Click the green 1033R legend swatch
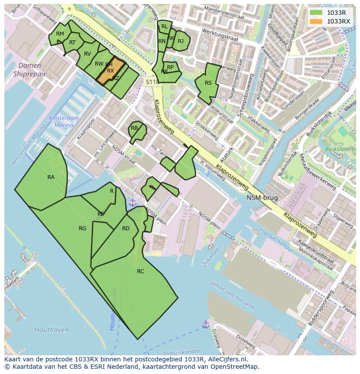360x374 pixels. (x=316, y=13)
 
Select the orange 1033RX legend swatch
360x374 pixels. (x=316, y=21)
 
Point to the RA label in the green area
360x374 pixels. (x=51, y=177)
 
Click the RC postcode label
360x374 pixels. (x=140, y=271)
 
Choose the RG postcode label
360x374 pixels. (x=82, y=228)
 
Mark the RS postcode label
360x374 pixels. (x=208, y=83)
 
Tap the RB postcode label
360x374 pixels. (x=134, y=128)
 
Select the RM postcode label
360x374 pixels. (x=60, y=34)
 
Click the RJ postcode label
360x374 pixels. (x=181, y=41)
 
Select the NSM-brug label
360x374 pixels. (x=262, y=198)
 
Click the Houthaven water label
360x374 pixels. (x=52, y=330)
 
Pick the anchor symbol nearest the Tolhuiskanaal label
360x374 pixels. (x=206, y=324)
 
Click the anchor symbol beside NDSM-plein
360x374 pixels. (x=132, y=202)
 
